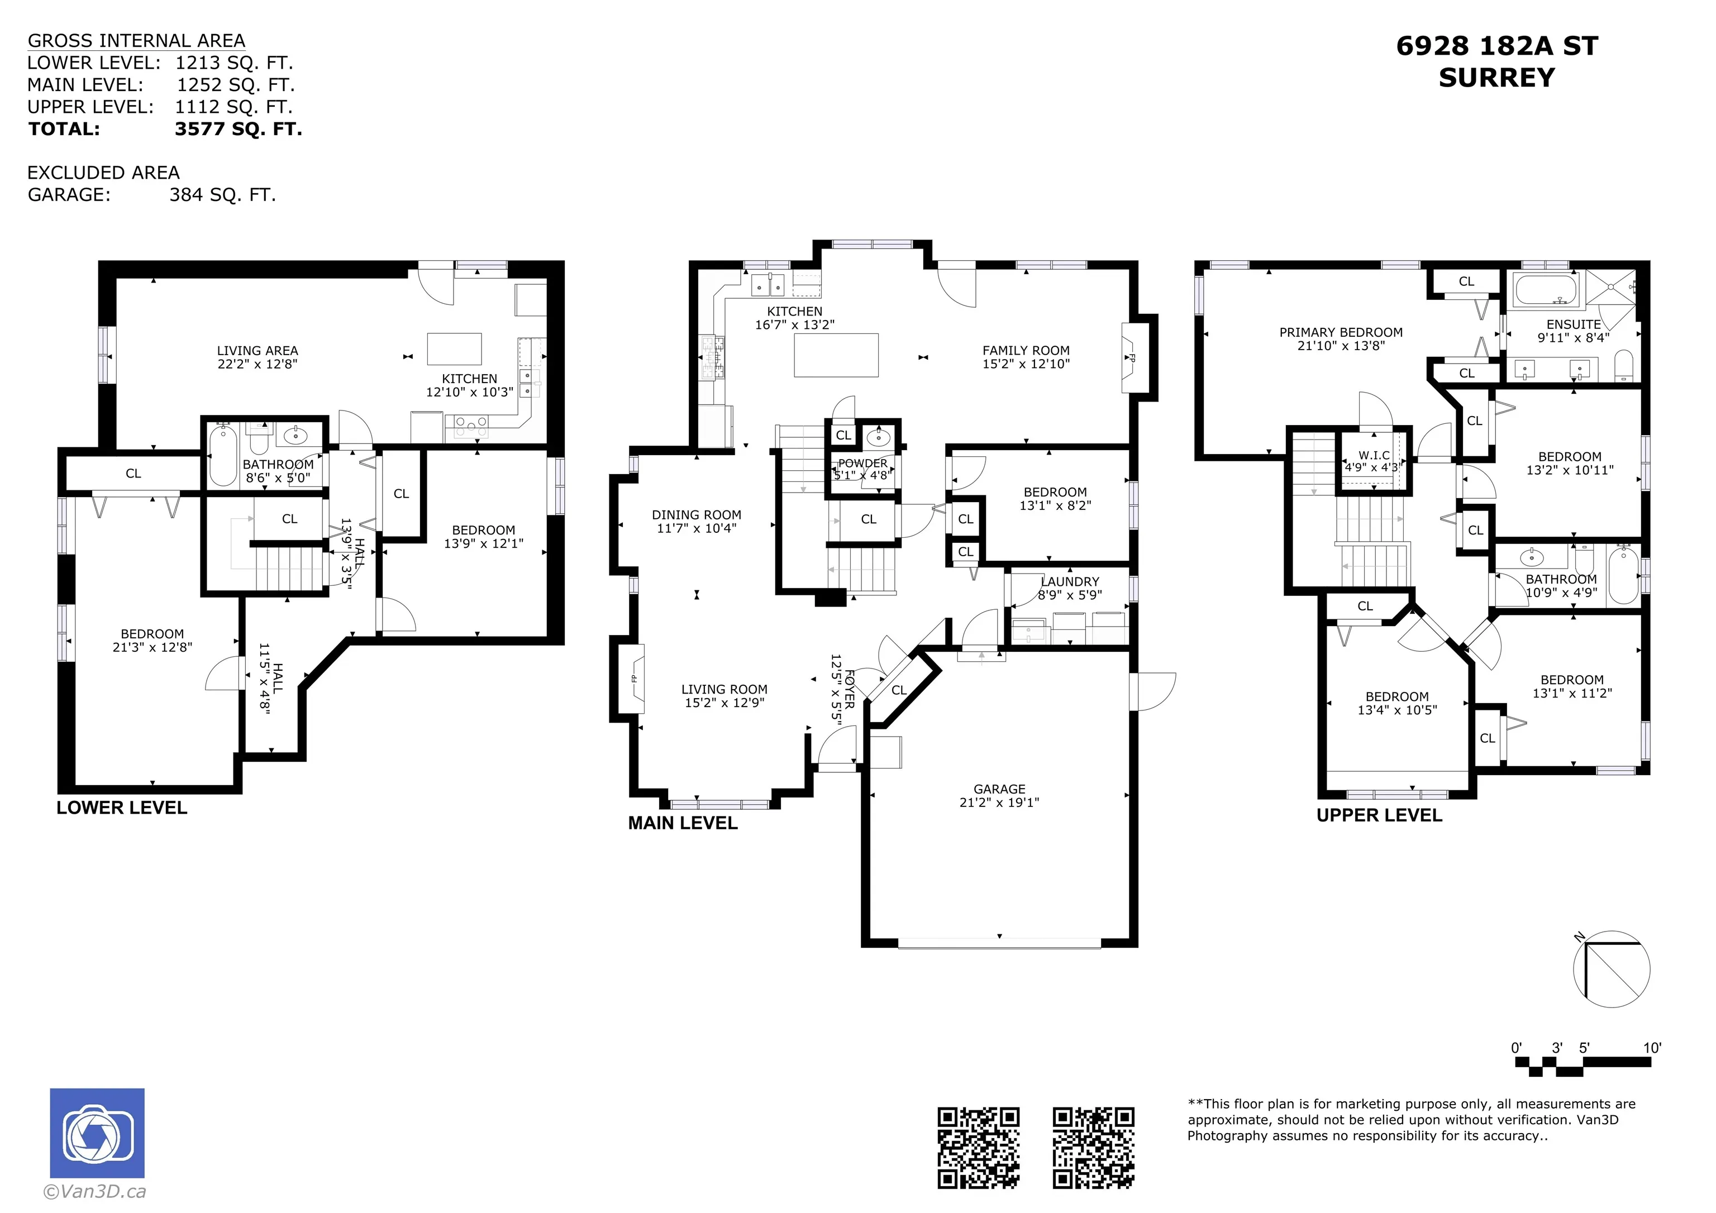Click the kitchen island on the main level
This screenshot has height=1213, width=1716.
point(836,355)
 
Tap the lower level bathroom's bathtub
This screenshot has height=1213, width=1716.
point(223,456)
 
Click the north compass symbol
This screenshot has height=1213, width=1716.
point(1612,968)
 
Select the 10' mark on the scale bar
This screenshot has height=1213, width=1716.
point(1652,1048)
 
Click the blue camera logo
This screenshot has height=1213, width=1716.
point(97,1133)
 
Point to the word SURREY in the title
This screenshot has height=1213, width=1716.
point(1497,78)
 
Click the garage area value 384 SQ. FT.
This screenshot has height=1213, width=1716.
point(223,194)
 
